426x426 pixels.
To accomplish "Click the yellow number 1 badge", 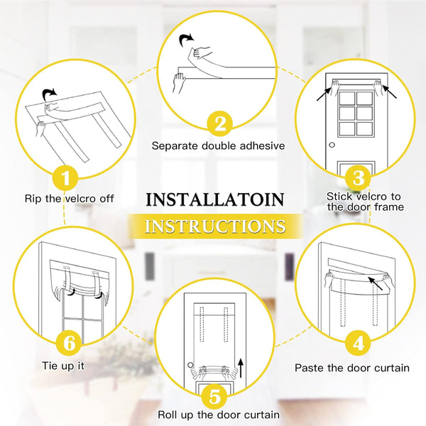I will tap(66, 175).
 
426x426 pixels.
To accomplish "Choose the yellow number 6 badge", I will tap(70, 342).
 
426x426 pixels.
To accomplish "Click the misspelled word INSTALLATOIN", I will tap(214, 199).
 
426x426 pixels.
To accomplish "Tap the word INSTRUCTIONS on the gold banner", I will tap(214, 226).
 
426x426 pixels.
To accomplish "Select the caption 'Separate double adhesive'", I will tap(218, 146).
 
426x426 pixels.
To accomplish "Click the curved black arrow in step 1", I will tap(50, 94).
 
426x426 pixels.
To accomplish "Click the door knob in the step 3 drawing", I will tap(332, 145).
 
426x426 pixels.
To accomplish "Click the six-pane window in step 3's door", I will tap(356, 120).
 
